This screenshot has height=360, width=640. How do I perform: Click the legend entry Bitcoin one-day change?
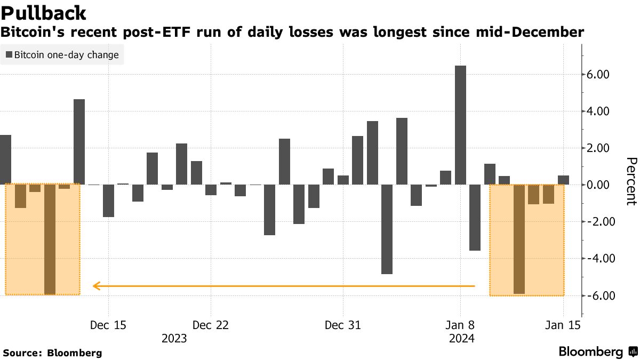62,54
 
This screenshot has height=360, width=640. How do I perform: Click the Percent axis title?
631,181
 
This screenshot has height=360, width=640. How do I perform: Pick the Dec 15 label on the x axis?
108,325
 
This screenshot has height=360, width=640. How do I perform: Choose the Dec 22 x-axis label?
211,325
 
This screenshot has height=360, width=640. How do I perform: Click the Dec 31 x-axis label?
343,325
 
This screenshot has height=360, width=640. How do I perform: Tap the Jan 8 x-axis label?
460,325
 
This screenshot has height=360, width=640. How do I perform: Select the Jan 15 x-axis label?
563,325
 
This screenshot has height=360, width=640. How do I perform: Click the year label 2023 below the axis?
174,339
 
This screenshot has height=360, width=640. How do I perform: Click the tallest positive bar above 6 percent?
460,125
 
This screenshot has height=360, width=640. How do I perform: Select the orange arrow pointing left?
283,286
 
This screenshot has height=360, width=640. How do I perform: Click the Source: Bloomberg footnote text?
52,353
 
